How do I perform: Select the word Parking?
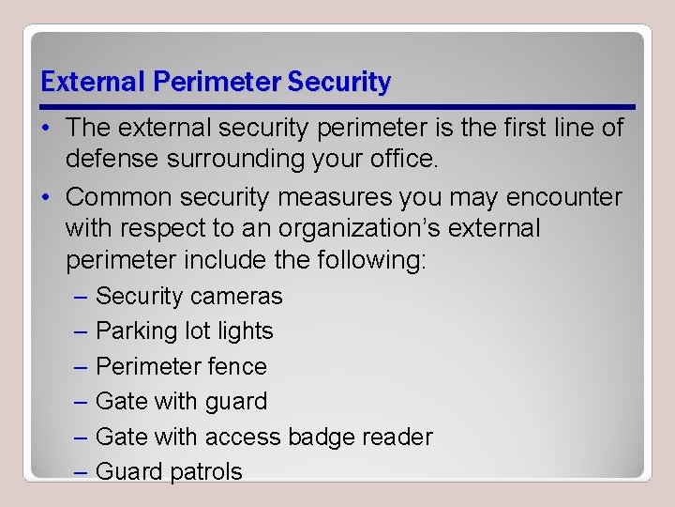[x=136, y=331]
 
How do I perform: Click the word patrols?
[x=206, y=471]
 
